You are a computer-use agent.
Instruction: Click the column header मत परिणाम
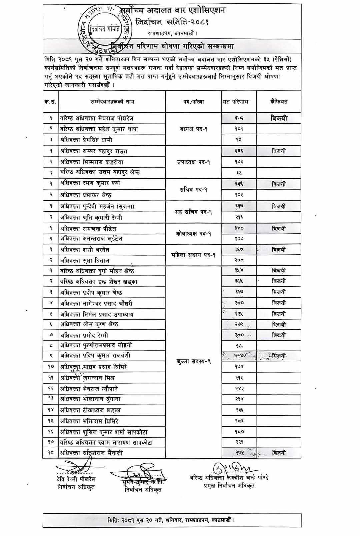click(x=235, y=102)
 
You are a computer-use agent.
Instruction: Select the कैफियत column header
click(x=279, y=102)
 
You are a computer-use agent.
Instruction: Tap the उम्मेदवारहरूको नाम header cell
click(x=112, y=102)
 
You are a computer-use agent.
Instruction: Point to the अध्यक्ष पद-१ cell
click(x=193, y=129)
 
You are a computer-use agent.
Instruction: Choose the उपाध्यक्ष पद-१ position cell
click(x=193, y=162)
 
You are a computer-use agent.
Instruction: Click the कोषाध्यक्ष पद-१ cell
click(x=193, y=234)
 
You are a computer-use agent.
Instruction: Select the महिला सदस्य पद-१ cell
click(x=193, y=255)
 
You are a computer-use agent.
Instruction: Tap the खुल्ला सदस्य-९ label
click(x=193, y=361)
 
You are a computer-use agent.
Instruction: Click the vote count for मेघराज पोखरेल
click(x=239, y=118)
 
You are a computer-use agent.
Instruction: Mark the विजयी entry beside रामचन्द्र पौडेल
click(x=279, y=229)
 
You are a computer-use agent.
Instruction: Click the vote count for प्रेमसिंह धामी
click(x=239, y=140)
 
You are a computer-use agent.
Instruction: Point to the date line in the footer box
click(x=172, y=520)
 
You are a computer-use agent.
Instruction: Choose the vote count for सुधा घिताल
click(x=239, y=260)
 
